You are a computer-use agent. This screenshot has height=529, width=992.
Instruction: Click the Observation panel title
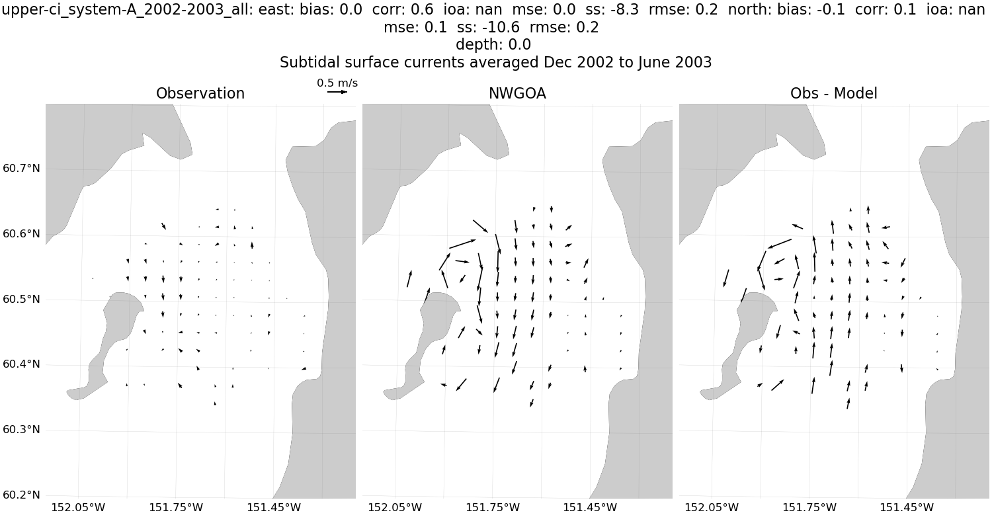click(x=200, y=94)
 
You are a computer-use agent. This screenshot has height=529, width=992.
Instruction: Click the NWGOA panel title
click(x=517, y=94)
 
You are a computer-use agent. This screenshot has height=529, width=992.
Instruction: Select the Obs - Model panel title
click(x=833, y=94)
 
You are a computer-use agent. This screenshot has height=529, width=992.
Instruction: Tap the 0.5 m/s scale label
click(x=337, y=83)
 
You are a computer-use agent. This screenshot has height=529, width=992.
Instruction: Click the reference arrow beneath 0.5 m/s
click(x=337, y=92)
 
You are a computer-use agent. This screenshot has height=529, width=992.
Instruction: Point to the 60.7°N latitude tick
click(x=21, y=169)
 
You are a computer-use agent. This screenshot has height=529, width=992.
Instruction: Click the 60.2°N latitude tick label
click(x=21, y=495)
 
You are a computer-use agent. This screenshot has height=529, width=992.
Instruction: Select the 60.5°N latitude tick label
click(x=21, y=300)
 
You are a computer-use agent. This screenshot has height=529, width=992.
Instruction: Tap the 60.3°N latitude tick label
click(x=21, y=430)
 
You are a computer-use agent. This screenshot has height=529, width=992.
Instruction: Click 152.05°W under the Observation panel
click(x=78, y=508)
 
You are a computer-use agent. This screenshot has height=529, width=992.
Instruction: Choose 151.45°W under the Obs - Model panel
click(x=907, y=508)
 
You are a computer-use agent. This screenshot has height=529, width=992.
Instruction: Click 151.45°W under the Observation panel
click(x=274, y=508)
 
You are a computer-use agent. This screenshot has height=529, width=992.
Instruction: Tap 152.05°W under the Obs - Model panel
click(x=712, y=508)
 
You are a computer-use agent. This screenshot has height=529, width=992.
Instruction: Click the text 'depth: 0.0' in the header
click(x=493, y=45)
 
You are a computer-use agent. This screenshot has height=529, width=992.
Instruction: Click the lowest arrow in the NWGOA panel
click(x=532, y=403)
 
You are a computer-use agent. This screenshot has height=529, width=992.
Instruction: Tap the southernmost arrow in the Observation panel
click(x=215, y=403)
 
